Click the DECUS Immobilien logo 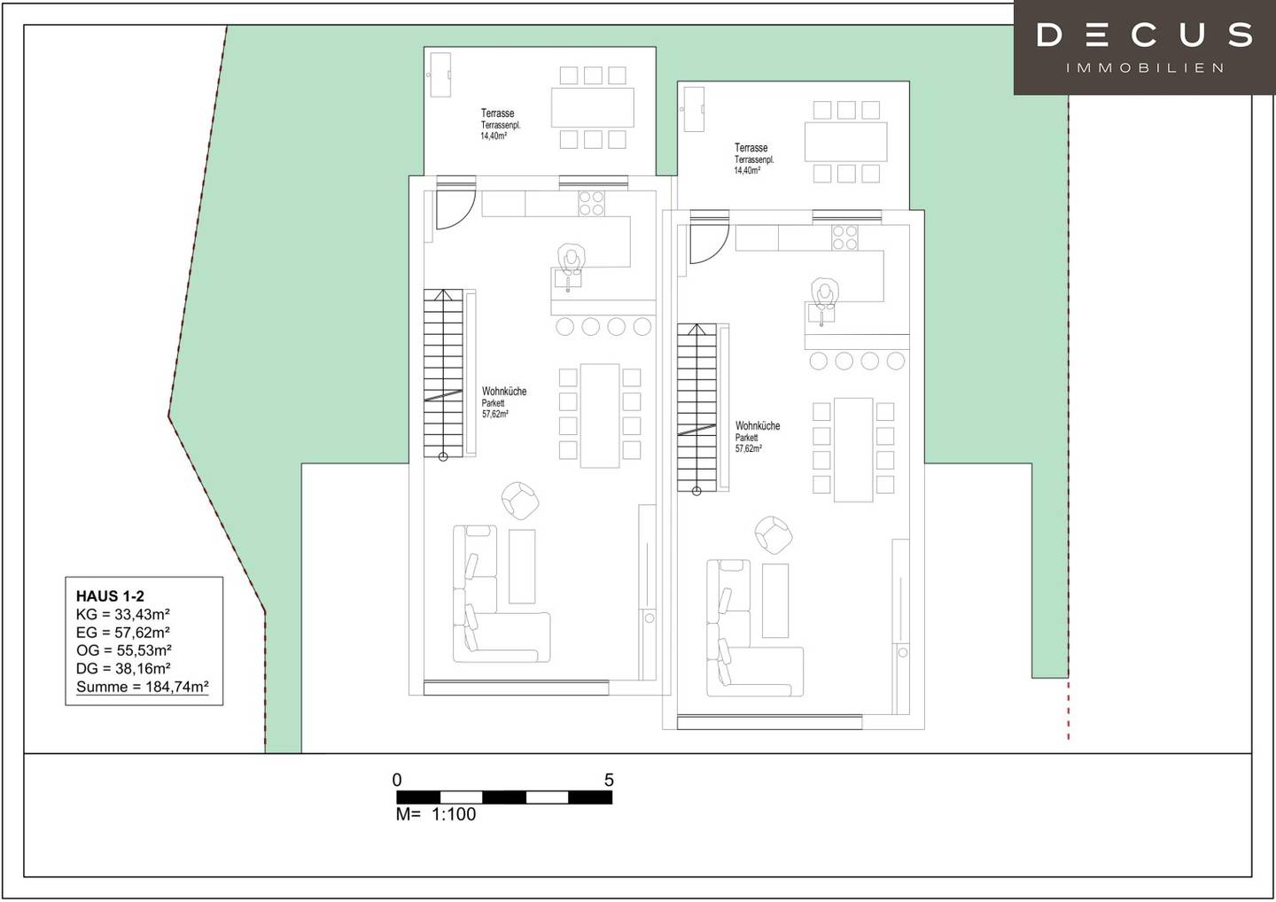[1145, 47]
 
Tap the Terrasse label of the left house [497, 113]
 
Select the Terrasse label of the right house [751, 148]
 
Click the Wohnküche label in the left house [504, 392]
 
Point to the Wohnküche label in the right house [758, 425]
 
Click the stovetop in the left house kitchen [591, 203]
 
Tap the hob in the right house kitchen [844, 237]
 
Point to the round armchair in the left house [520, 501]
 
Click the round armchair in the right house [774, 535]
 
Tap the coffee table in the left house [522, 566]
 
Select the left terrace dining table [593, 107]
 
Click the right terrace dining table [846, 142]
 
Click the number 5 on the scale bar [609, 780]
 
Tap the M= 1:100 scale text [436, 814]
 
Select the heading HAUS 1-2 [110, 596]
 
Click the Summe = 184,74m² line [143, 687]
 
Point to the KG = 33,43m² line [123, 614]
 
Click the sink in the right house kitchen [821, 313]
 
